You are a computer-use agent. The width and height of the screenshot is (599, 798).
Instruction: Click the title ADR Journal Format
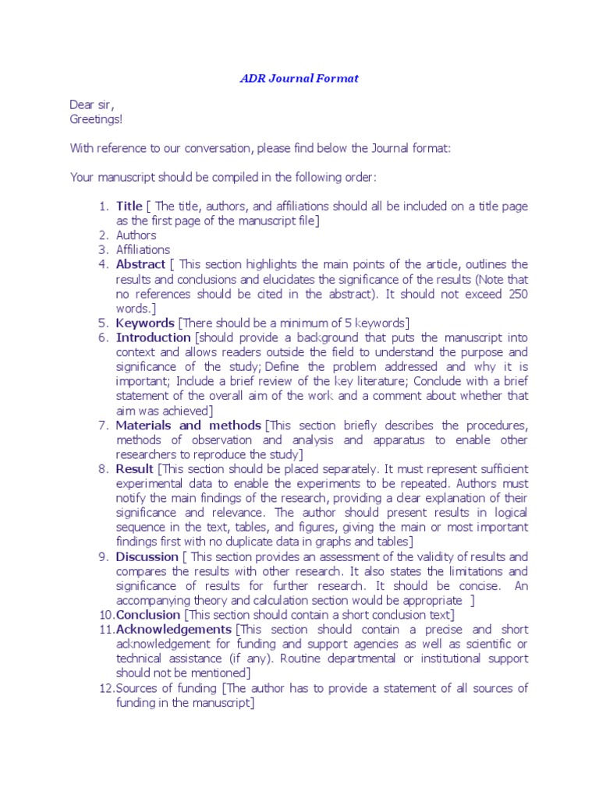pyautogui.click(x=299, y=79)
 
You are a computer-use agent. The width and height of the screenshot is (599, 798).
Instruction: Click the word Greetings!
pyautogui.click(x=96, y=118)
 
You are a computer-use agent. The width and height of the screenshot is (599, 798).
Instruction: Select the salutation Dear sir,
pyautogui.click(x=97, y=104)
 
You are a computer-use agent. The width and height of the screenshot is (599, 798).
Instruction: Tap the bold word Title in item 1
pyautogui.click(x=129, y=206)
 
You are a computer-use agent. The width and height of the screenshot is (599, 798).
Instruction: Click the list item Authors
pyautogui.click(x=136, y=235)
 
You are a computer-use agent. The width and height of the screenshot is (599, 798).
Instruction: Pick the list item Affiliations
pyautogui.click(x=143, y=249)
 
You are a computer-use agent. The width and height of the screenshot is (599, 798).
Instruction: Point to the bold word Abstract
pyautogui.click(x=141, y=264)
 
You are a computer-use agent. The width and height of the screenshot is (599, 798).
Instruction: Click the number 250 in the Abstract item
pyautogui.click(x=518, y=293)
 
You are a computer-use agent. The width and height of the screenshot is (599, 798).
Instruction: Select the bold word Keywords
pyautogui.click(x=146, y=323)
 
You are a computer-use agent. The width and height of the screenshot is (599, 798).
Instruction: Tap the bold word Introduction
pyautogui.click(x=154, y=337)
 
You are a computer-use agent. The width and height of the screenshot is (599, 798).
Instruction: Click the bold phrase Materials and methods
pyautogui.click(x=188, y=425)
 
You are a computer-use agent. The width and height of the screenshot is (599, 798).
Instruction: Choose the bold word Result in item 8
pyautogui.click(x=135, y=469)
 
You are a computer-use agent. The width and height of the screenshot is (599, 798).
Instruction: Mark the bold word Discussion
pyautogui.click(x=147, y=556)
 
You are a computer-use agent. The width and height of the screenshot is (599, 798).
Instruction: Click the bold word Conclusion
pyautogui.click(x=148, y=615)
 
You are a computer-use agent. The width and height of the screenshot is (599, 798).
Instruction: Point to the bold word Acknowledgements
pyautogui.click(x=174, y=629)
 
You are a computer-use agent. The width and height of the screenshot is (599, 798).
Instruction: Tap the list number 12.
pyautogui.click(x=106, y=688)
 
